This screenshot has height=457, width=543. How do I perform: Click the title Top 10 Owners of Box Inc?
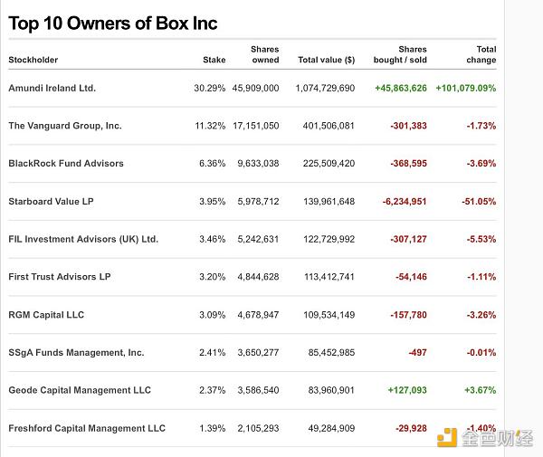pyautogui.click(x=113, y=24)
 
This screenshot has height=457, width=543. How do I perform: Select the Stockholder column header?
pyautogui.click(x=33, y=61)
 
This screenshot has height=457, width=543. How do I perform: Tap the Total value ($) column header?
pyautogui.click(x=326, y=61)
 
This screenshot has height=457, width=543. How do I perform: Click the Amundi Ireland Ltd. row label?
pyautogui.click(x=52, y=88)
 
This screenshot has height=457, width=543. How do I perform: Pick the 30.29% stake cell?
pyautogui.click(x=209, y=88)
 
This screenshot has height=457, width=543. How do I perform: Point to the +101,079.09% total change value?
pyautogui.click(x=465, y=88)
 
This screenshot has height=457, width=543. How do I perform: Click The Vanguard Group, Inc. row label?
pyautogui.click(x=65, y=126)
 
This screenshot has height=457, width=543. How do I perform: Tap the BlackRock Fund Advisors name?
pyautogui.click(x=66, y=164)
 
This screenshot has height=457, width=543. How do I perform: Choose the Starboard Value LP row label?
pyautogui.click(x=51, y=201)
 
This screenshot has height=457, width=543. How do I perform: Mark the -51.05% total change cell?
pyautogui.click(x=481, y=201)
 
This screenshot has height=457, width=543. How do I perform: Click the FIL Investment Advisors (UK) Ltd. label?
pyautogui.click(x=83, y=239)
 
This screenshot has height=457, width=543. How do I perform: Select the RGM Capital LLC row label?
pyautogui.click(x=46, y=315)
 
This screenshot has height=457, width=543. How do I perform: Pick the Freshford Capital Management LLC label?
pyautogui.click(x=87, y=428)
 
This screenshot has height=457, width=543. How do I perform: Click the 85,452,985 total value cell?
pyautogui.click(x=329, y=353)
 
